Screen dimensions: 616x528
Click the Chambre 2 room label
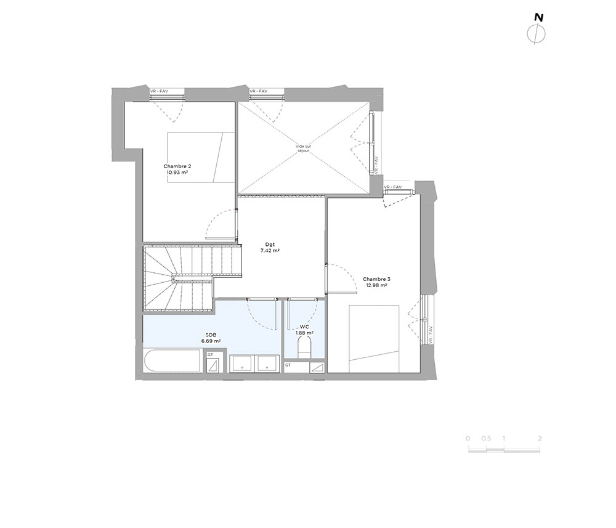pyautogui.click(x=177, y=166)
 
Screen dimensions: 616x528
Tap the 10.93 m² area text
pyautogui.click(x=177, y=172)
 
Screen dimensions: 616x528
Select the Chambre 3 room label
pyautogui.click(x=376, y=279)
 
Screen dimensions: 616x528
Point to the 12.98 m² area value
pyautogui.click(x=376, y=285)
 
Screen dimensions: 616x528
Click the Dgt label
pyautogui.click(x=270, y=245)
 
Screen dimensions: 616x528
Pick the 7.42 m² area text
pyautogui.click(x=270, y=250)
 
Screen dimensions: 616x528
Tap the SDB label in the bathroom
pyautogui.click(x=211, y=335)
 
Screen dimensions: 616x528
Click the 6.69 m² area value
pyautogui.click(x=211, y=341)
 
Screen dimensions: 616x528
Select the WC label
pyautogui.click(x=304, y=327)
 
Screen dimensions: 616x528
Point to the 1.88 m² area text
pyautogui.click(x=304, y=333)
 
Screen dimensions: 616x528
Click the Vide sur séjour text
pyautogui.click(x=303, y=148)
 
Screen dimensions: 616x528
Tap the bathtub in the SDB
pyautogui.click(x=172, y=360)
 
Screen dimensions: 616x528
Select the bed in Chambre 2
pyautogui.click(x=201, y=158)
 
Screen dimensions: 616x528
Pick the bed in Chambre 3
pyautogui.click(x=374, y=339)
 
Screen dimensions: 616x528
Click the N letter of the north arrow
pyautogui.click(x=538, y=18)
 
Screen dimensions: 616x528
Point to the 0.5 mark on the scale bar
pyautogui.click(x=487, y=439)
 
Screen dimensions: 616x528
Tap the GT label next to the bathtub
pyautogui.click(x=210, y=354)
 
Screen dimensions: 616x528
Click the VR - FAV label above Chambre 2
pyautogui.click(x=159, y=91)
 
